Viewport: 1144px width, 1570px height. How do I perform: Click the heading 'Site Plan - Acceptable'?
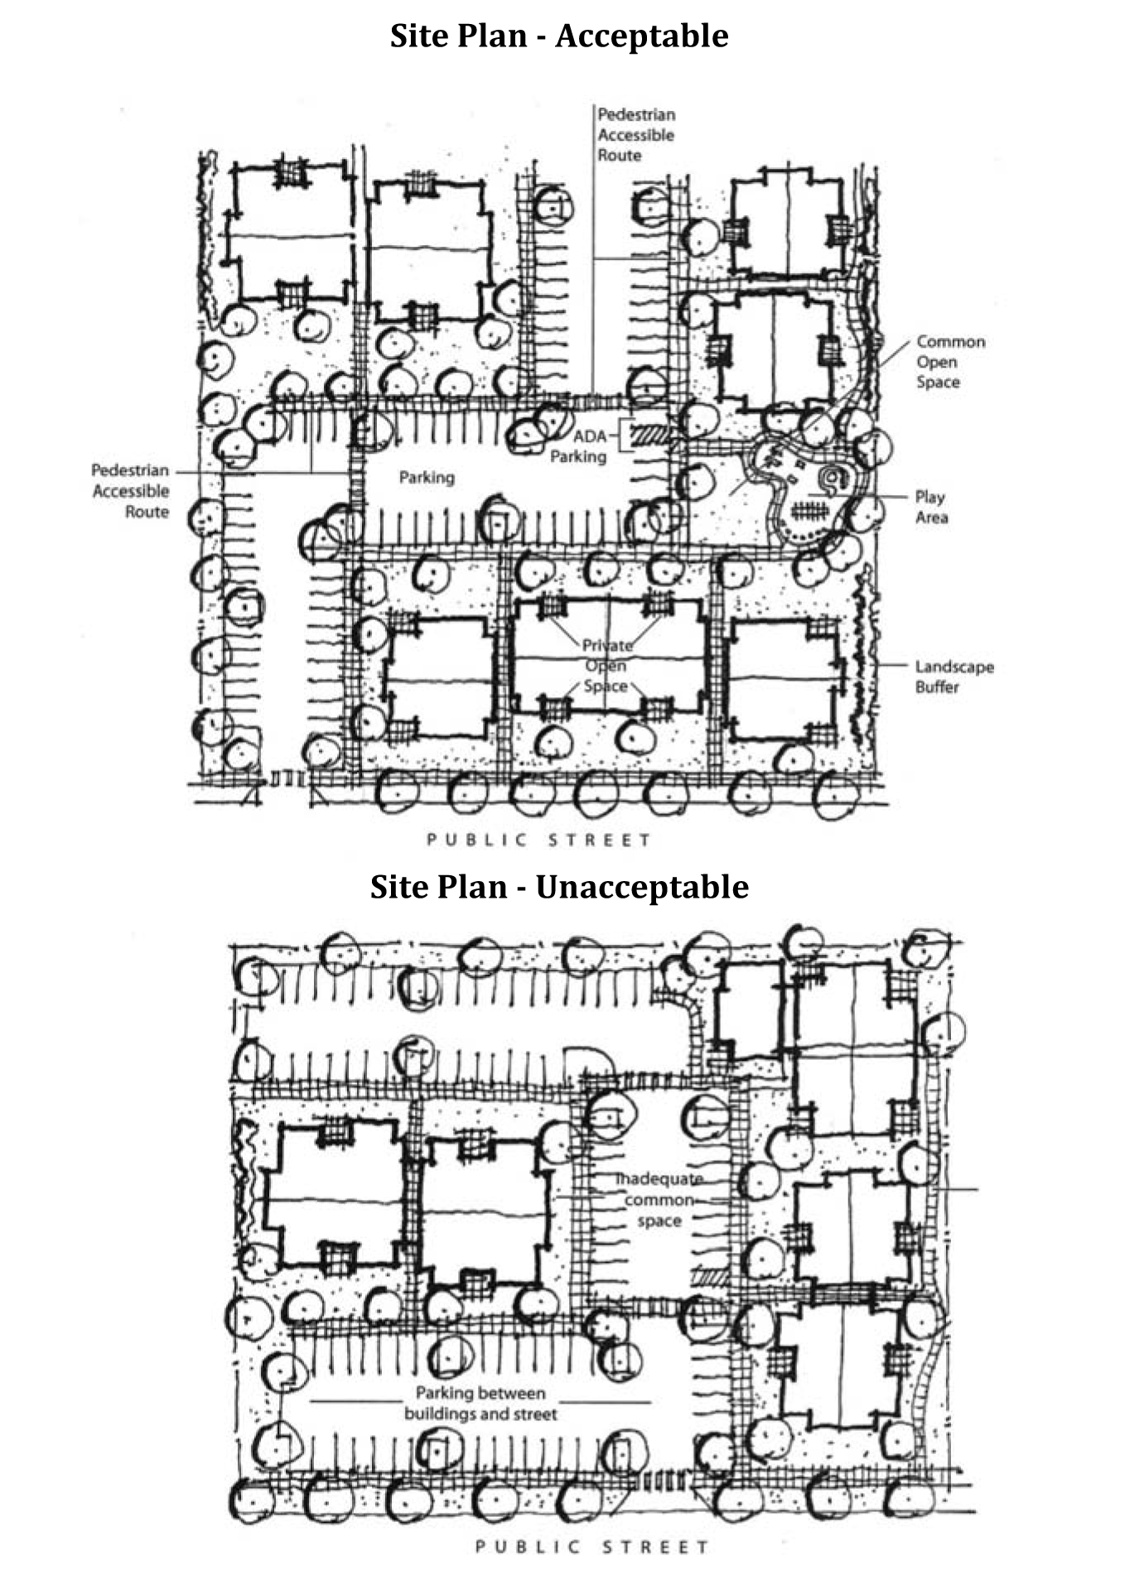click(559, 36)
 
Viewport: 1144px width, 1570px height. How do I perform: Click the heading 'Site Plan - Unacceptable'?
click(559, 887)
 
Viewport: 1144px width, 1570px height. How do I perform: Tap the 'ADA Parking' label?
click(580, 446)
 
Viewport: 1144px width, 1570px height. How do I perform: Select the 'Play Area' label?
click(931, 508)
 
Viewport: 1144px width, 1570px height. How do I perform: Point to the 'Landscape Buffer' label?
click(953, 677)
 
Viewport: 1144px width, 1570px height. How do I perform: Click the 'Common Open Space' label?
click(949, 362)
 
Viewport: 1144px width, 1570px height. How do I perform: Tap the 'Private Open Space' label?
click(606, 666)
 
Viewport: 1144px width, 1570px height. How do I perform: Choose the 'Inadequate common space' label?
click(659, 1200)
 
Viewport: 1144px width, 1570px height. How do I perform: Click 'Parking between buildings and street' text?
click(480, 1404)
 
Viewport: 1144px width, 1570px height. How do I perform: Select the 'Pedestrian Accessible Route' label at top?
click(636, 134)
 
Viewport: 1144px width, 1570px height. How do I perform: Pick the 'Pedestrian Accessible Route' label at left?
click(130, 491)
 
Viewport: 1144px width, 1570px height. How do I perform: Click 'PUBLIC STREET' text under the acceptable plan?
click(539, 840)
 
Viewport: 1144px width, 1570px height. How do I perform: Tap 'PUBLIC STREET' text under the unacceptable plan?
click(591, 1547)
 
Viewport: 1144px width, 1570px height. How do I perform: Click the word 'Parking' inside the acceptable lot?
click(427, 478)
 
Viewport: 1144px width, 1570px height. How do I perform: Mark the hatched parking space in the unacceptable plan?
click(707, 1278)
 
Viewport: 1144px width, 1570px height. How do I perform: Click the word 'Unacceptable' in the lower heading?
click(642, 887)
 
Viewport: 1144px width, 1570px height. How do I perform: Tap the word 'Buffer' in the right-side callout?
click(937, 687)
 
